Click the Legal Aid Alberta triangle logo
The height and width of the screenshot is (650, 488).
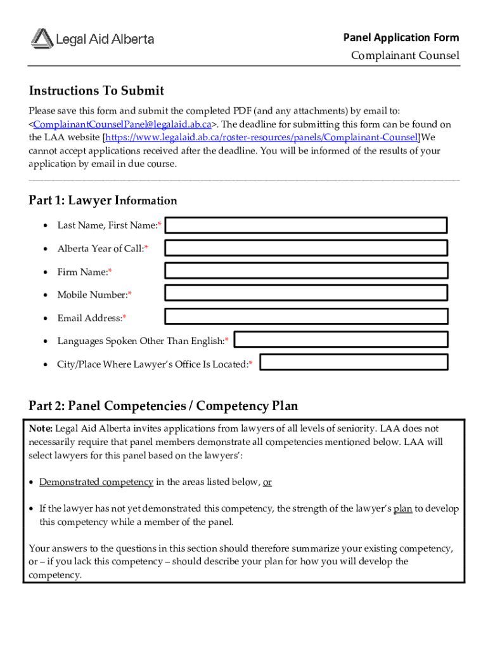pyautogui.click(x=42, y=38)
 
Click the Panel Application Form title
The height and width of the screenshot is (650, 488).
pyautogui.click(x=401, y=37)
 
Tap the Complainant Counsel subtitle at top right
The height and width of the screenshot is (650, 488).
pyautogui.click(x=405, y=56)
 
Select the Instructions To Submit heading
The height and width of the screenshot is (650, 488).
pyautogui.click(x=96, y=91)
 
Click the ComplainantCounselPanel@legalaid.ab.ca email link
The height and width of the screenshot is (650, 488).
pyautogui.click(x=122, y=124)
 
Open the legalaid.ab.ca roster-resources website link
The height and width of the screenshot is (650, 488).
pyautogui.click(x=262, y=137)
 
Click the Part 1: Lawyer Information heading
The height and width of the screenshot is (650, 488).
pyautogui.click(x=103, y=201)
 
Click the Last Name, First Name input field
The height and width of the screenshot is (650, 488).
pyautogui.click(x=306, y=225)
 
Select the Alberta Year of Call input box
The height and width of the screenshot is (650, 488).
pyautogui.click(x=306, y=248)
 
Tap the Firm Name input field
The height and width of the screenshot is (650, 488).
pyautogui.click(x=306, y=271)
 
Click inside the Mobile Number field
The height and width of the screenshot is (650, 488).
pyautogui.click(x=306, y=293)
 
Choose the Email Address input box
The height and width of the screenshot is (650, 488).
pyautogui.click(x=306, y=316)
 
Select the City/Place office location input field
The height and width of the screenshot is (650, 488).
pyautogui.click(x=354, y=362)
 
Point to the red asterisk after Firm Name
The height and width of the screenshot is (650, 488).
pyautogui.click(x=110, y=272)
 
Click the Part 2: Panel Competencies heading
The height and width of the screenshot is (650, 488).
pyautogui.click(x=163, y=406)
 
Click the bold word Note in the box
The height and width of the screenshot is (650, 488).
pyautogui.click(x=41, y=428)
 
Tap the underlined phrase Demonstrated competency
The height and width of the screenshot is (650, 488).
pyautogui.click(x=96, y=482)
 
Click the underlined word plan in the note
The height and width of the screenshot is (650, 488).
pyautogui.click(x=403, y=508)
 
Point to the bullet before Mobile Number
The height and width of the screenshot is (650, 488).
pyautogui.click(x=46, y=295)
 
